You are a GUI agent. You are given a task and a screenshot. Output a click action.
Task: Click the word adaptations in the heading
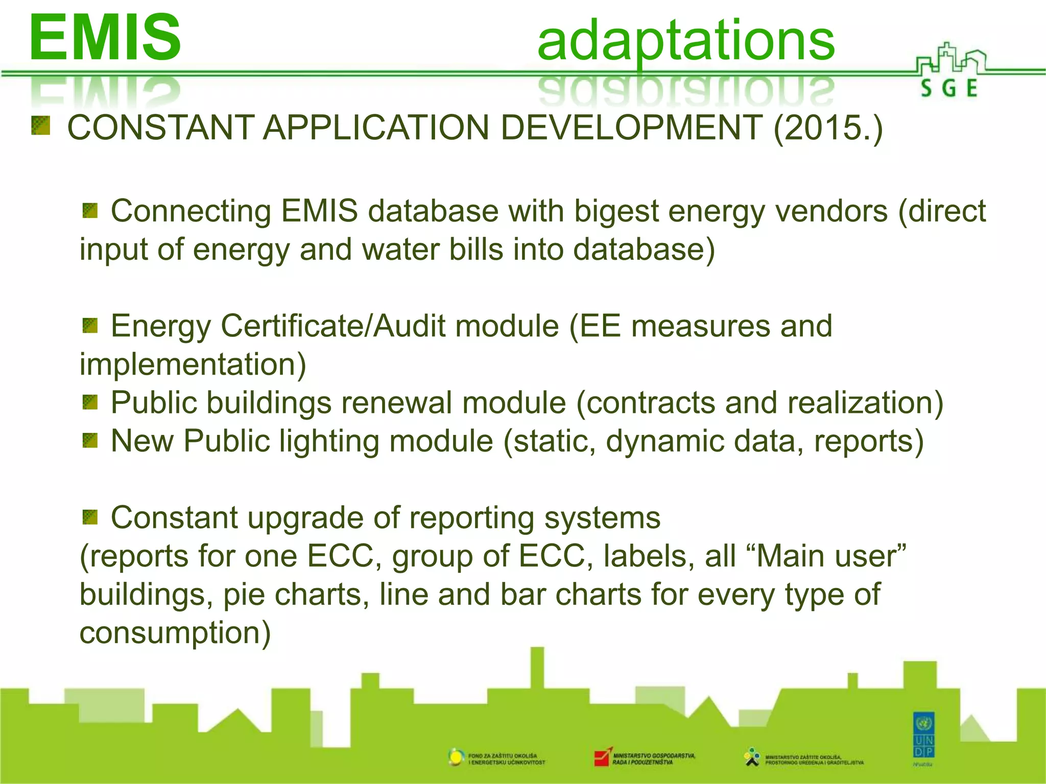(685, 41)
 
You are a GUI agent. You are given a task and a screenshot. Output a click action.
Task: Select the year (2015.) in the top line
(828, 128)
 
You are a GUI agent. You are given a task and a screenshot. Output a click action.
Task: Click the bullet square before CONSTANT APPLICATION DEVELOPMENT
(40, 126)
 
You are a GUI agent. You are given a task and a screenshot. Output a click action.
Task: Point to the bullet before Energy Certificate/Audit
(90, 325)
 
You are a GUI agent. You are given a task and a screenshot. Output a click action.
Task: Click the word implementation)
(193, 364)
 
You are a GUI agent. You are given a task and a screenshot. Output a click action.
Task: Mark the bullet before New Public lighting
(90, 440)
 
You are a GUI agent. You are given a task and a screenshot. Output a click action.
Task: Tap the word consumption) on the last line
(175, 633)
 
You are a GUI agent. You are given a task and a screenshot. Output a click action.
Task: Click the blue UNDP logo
(923, 737)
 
